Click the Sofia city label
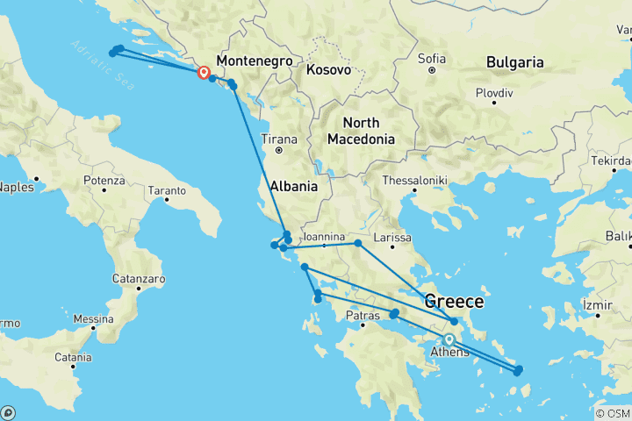[432, 59]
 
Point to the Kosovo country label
[330, 69]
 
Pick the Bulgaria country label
[517, 63]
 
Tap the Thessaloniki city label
[414, 181]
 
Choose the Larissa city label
[391, 238]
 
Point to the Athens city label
[449, 353]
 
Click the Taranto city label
[167, 190]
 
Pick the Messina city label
[93, 318]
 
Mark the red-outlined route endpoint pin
[204, 73]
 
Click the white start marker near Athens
[449, 339]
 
